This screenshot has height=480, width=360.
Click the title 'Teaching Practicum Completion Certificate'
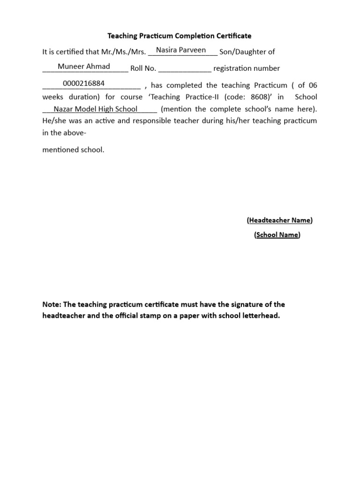pyautogui.click(x=180, y=36)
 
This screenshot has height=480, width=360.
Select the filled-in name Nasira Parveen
pyautogui.click(x=181, y=50)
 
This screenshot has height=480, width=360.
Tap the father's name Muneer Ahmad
pyautogui.click(x=84, y=67)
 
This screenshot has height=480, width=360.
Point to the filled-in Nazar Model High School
pyautogui.click(x=96, y=109)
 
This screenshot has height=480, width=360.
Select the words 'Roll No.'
pyautogui.click(x=143, y=68)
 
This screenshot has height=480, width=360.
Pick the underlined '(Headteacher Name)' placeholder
pyautogui.click(x=279, y=220)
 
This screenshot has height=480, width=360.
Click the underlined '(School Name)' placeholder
pyautogui.click(x=277, y=235)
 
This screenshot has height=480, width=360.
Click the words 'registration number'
pyautogui.click(x=247, y=68)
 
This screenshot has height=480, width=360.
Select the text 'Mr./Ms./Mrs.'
pyautogui.click(x=124, y=52)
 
